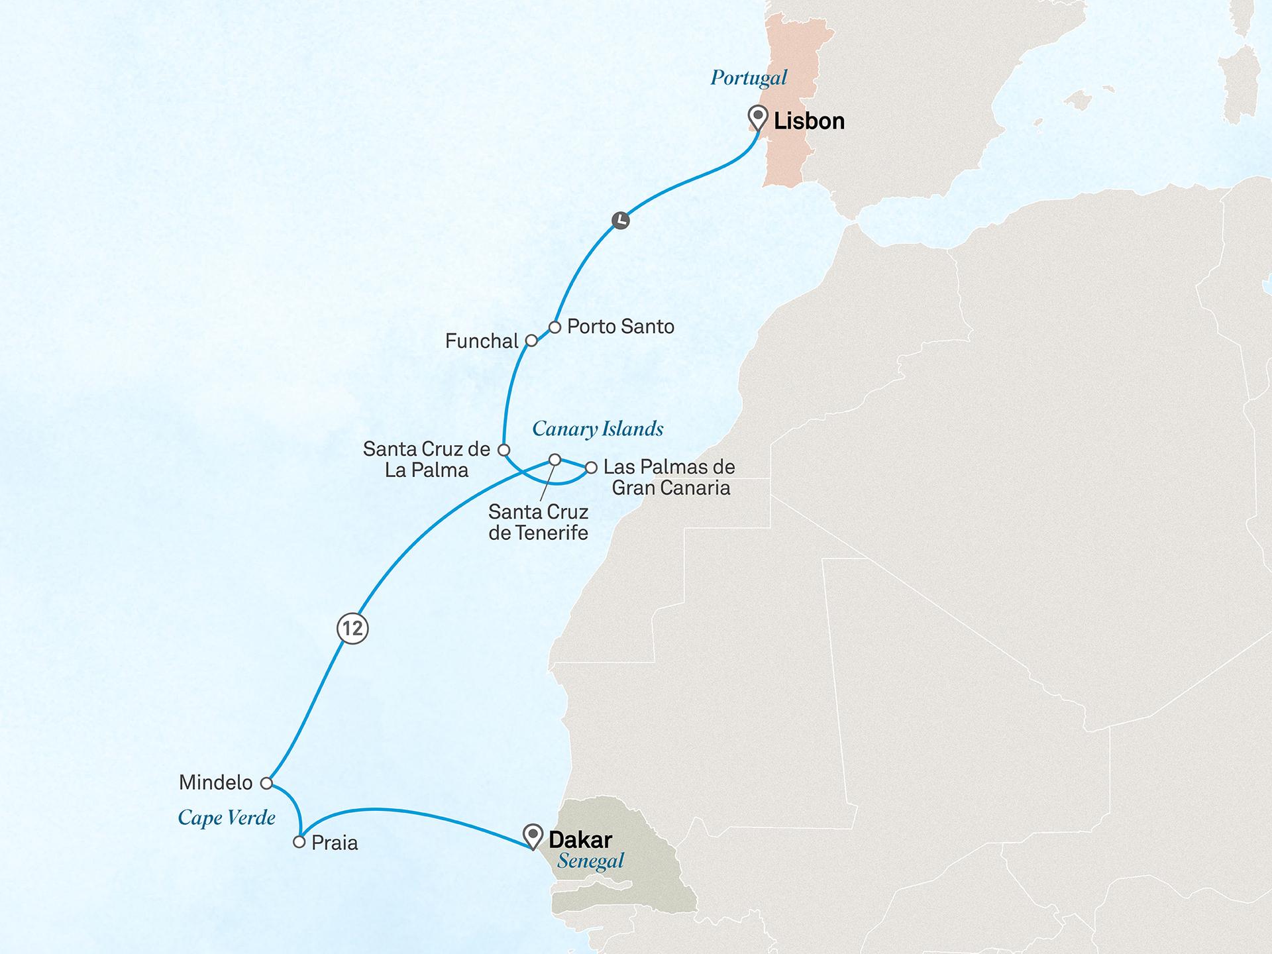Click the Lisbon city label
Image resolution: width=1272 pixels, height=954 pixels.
point(809,121)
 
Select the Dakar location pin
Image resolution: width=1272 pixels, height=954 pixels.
point(533,836)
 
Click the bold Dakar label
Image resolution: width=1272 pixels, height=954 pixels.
point(580,839)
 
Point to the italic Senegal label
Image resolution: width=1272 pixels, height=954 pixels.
point(590,861)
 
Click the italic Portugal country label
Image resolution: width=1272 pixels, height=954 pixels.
point(749,78)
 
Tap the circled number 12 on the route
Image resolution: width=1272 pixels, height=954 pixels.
point(352,628)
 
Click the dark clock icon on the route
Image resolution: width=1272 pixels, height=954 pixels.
point(620,220)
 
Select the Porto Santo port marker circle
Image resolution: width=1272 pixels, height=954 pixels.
point(555,327)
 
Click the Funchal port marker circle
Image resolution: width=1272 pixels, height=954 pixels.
point(531,341)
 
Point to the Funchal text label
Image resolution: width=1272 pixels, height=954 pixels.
point(482,341)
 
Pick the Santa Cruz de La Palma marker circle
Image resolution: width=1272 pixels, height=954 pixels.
point(503,450)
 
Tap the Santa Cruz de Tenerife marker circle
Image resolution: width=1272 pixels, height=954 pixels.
point(555,460)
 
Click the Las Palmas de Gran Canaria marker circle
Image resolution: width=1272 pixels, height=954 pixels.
point(591,468)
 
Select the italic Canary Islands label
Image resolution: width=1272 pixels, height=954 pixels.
point(598,429)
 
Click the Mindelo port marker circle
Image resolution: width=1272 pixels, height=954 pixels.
point(266,783)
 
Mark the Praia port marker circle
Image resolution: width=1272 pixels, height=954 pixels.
point(299,842)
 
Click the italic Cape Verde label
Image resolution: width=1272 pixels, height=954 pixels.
point(227,818)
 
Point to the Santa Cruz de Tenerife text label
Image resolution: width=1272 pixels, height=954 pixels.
point(538,522)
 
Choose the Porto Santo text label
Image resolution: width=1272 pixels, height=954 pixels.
point(621,327)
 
